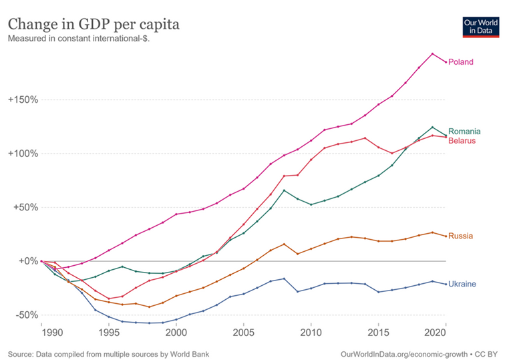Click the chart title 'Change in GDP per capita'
[x=94, y=25]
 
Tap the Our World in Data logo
[x=480, y=27]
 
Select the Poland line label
[x=461, y=62]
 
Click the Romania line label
[x=465, y=131]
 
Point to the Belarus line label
[x=462, y=141]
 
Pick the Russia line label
[x=461, y=236]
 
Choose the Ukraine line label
[x=462, y=284]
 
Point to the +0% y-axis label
[x=23, y=261]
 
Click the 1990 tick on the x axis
[x=41, y=331]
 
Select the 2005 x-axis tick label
[x=244, y=331]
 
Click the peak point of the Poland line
[x=432, y=53]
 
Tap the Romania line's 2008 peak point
[x=284, y=190]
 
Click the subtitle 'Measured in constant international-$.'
[x=78, y=39]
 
